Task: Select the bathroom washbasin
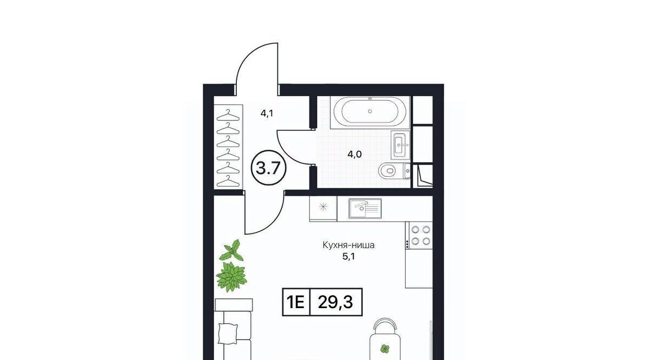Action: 400,144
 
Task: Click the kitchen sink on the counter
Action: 365,208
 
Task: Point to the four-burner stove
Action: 419,235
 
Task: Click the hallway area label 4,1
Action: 267,113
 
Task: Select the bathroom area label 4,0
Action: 355,155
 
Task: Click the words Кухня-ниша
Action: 348,245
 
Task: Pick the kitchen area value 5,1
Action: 348,257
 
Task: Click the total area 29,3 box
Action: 336,302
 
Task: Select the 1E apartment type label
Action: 296,302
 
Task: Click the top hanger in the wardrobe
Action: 228,115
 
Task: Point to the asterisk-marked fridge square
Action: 323,207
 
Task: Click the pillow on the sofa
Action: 228,334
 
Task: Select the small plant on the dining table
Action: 385,349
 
